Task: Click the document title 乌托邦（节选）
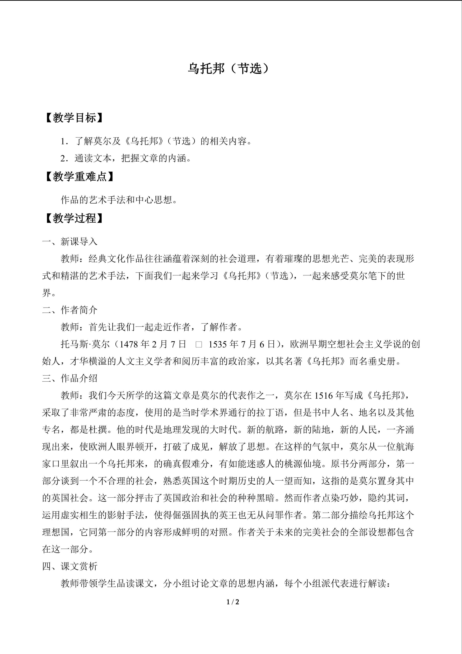(x=228, y=69)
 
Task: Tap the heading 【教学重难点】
(x=80, y=177)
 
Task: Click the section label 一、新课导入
(x=70, y=242)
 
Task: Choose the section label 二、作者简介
(x=70, y=310)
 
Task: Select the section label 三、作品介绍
(x=70, y=379)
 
